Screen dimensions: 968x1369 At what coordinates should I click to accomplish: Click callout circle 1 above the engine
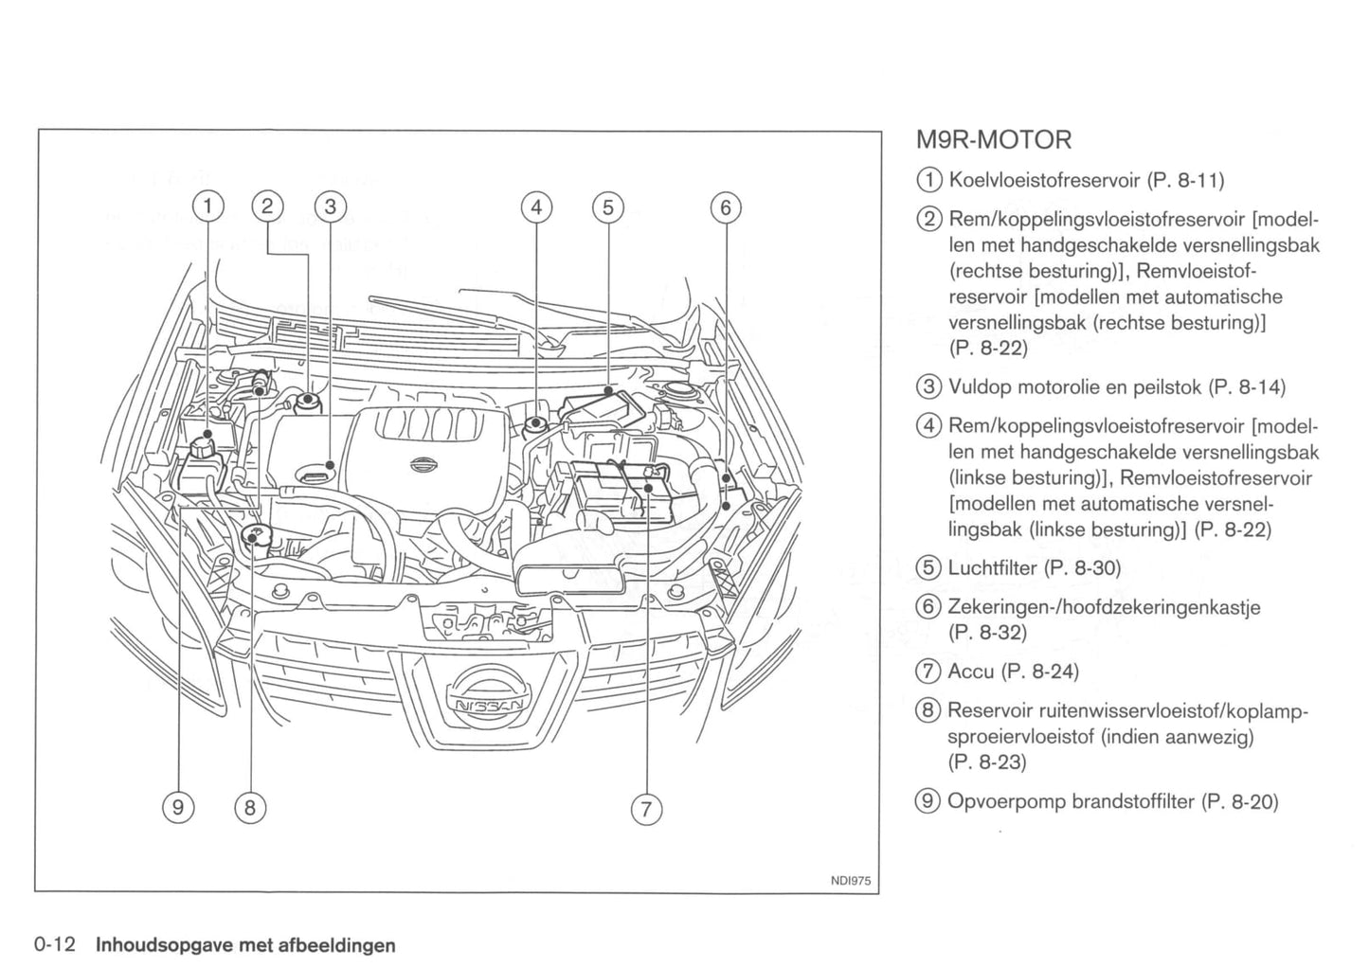pyautogui.click(x=209, y=206)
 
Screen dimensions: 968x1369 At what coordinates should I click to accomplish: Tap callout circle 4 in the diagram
pyautogui.click(x=536, y=206)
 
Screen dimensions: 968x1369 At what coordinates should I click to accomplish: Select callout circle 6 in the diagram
pyautogui.click(x=725, y=206)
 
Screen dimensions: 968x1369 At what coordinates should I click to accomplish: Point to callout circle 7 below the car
pyautogui.click(x=645, y=809)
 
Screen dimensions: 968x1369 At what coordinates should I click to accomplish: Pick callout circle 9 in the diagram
pyautogui.click(x=177, y=807)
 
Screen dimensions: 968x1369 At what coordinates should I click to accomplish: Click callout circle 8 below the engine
pyautogui.click(x=250, y=807)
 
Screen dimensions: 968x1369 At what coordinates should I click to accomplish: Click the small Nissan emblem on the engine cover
pyautogui.click(x=425, y=464)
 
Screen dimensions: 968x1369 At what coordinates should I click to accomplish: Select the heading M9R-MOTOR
pyautogui.click(x=994, y=140)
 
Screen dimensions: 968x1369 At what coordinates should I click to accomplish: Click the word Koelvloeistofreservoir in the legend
pyautogui.click(x=1044, y=180)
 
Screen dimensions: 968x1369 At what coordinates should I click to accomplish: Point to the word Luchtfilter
pyautogui.click(x=992, y=567)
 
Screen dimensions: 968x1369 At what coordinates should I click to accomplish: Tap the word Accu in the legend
pyautogui.click(x=970, y=672)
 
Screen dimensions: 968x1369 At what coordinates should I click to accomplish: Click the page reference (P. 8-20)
pyautogui.click(x=1239, y=801)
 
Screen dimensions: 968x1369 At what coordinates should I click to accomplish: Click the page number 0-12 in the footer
pyautogui.click(x=55, y=944)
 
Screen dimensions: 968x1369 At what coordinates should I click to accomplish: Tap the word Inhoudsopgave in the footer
pyautogui.click(x=162, y=944)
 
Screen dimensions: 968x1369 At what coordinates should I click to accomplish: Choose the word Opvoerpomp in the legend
pyautogui.click(x=1006, y=801)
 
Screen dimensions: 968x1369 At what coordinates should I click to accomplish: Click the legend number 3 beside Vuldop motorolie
pyautogui.click(x=929, y=386)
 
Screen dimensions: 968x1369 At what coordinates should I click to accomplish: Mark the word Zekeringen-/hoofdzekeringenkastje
pyautogui.click(x=1104, y=606)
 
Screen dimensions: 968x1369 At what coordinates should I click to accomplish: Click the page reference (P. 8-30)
pyautogui.click(x=1082, y=567)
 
